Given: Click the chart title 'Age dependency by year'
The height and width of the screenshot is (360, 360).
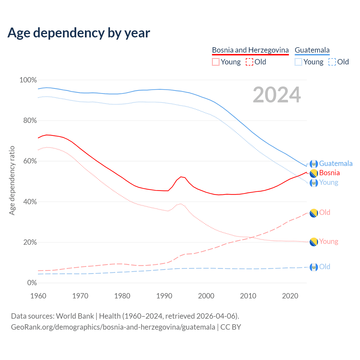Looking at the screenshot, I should (79, 33).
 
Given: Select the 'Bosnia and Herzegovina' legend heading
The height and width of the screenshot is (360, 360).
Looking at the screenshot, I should (250, 50).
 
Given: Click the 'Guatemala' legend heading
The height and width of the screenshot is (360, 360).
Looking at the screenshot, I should (312, 50).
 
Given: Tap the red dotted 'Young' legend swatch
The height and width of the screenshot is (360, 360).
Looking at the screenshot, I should (215, 62).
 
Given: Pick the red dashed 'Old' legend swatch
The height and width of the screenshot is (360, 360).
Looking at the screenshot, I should (249, 62).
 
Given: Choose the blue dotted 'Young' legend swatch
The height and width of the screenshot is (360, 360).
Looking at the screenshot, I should (298, 62).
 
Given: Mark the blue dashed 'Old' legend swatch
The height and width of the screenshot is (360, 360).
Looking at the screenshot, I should (332, 62).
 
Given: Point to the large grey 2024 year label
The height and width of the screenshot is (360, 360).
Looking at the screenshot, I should (277, 95).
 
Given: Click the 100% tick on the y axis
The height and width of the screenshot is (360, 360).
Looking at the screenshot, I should (28, 80).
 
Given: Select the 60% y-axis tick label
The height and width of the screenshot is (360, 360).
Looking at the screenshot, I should (30, 161).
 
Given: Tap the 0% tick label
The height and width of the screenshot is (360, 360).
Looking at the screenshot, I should (32, 283).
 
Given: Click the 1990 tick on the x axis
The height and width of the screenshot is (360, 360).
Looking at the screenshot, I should (164, 296).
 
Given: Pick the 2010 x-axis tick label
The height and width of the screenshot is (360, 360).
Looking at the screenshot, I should (248, 296).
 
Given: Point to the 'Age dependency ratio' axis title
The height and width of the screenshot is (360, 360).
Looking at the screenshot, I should (12, 180).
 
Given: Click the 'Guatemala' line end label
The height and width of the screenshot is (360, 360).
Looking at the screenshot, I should (336, 163).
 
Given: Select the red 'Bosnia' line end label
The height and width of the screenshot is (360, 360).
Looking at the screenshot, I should (329, 173).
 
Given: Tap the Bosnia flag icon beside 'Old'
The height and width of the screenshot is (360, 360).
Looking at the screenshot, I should (314, 213).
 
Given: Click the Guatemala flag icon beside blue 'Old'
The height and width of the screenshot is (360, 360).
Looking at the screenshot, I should (314, 267).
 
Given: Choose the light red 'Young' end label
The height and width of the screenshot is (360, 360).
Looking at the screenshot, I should (328, 241).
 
